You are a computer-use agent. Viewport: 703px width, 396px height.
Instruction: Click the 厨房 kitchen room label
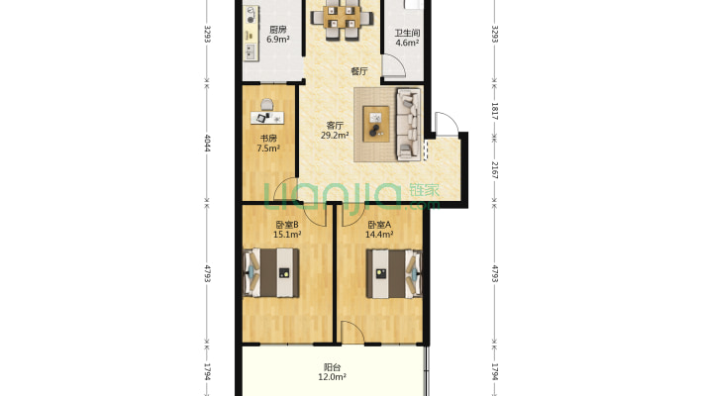tap(277, 30)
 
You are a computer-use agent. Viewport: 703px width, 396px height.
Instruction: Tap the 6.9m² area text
tap(278, 40)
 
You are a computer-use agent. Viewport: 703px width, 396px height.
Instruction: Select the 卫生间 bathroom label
tap(407, 34)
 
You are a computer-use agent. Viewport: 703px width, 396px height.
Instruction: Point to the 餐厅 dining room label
tap(359, 71)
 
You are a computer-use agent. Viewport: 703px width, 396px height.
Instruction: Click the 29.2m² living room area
tap(335, 135)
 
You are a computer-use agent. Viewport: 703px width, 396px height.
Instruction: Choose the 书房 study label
tap(268, 139)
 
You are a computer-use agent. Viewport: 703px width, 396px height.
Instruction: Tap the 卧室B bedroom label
tap(287, 225)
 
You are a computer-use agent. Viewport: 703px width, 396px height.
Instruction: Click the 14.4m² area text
tap(379, 234)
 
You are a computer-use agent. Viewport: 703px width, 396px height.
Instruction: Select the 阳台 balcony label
tap(333, 367)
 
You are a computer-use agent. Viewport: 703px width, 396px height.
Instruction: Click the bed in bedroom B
tap(271, 272)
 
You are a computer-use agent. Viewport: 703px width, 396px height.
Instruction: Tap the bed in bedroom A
tap(394, 273)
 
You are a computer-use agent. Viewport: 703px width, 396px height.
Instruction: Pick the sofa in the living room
tap(409, 124)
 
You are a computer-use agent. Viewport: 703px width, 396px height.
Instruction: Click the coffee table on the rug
tap(375, 124)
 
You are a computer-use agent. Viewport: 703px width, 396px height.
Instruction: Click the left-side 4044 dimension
tap(207, 143)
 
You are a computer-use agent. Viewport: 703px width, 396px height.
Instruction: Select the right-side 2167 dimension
tap(494, 170)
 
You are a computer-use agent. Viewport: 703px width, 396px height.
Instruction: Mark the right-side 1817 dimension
tap(494, 111)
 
